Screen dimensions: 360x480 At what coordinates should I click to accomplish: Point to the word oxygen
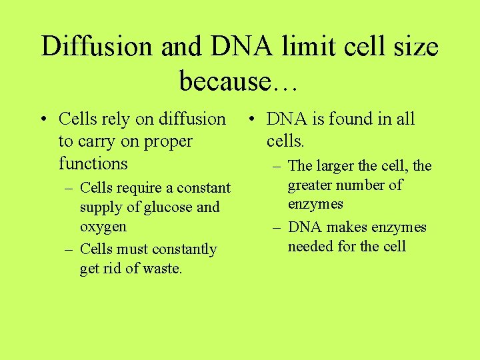[x=103, y=227]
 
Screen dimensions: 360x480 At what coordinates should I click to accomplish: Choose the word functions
[x=93, y=163]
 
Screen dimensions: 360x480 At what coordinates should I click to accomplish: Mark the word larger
[x=341, y=166]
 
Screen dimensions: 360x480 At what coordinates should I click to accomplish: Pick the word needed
[x=311, y=247]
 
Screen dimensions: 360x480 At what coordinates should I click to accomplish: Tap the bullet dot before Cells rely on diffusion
[x=42, y=120]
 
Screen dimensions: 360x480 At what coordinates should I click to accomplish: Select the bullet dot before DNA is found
[x=250, y=120]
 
